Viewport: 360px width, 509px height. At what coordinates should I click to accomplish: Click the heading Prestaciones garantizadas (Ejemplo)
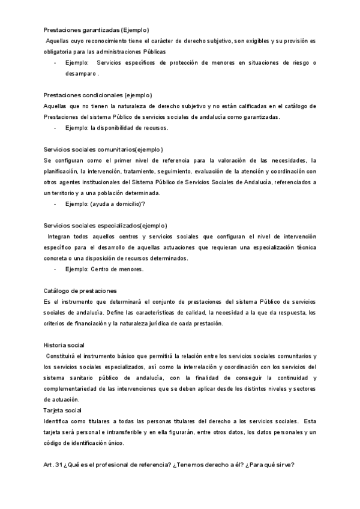[x=97, y=30]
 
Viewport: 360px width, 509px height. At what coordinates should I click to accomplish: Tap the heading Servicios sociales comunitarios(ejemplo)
[x=103, y=149]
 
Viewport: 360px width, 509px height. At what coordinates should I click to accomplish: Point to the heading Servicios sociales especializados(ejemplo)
[x=106, y=226]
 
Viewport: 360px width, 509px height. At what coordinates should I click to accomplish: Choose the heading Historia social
[x=64, y=345]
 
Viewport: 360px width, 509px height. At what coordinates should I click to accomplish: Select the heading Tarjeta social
[x=62, y=411]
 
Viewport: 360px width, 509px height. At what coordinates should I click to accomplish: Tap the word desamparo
[x=81, y=74]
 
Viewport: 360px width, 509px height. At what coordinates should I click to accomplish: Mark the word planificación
[x=63, y=171]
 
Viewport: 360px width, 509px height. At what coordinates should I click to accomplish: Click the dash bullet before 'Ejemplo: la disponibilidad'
[x=55, y=128]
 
